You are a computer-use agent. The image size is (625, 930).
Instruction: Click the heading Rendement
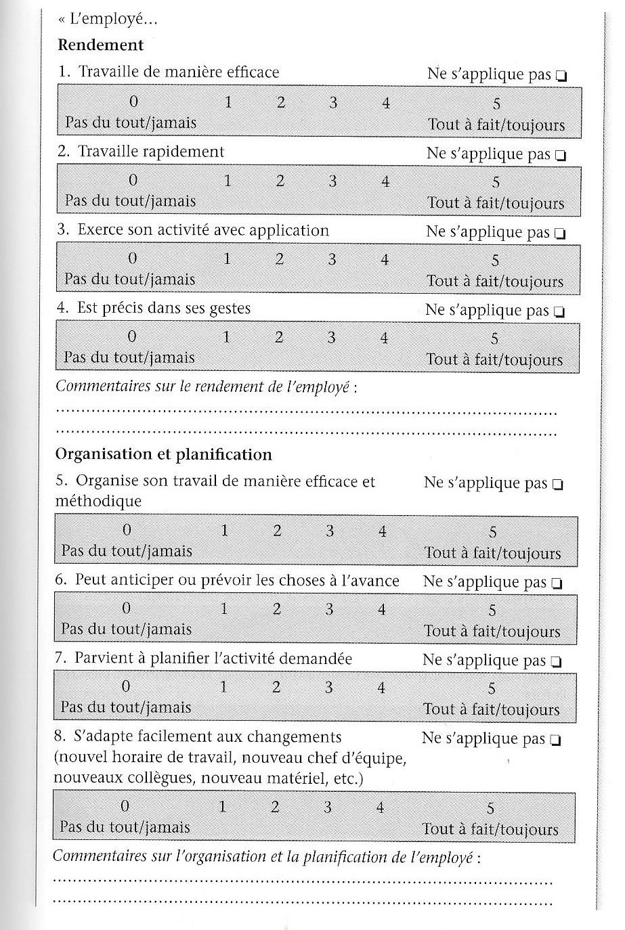click(101, 45)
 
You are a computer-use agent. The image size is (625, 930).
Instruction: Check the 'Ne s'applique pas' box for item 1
click(561, 76)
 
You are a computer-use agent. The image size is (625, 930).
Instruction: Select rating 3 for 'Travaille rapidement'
click(332, 181)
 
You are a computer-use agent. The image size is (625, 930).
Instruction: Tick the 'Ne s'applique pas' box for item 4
click(559, 313)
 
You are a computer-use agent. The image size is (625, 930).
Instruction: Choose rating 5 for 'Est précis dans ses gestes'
click(495, 339)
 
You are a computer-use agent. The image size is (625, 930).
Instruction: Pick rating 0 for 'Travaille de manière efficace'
click(133, 102)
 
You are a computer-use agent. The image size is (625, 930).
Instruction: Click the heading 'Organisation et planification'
click(163, 454)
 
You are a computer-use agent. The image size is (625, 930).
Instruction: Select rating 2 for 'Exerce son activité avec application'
click(279, 259)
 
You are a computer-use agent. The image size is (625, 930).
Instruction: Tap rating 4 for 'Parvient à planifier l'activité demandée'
click(381, 688)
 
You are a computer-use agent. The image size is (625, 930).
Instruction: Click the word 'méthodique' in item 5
click(99, 502)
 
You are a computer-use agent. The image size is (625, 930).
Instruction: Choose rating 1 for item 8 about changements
click(221, 807)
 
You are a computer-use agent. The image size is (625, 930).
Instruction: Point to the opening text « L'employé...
click(108, 20)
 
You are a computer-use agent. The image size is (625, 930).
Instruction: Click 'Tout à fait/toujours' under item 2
click(496, 203)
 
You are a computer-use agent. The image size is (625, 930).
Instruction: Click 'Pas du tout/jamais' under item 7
click(126, 707)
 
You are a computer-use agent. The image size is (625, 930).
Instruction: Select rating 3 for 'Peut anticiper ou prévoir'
click(329, 609)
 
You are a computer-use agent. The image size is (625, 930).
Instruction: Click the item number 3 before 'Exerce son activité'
click(63, 229)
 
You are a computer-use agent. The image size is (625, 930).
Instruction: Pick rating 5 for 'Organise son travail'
click(493, 532)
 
